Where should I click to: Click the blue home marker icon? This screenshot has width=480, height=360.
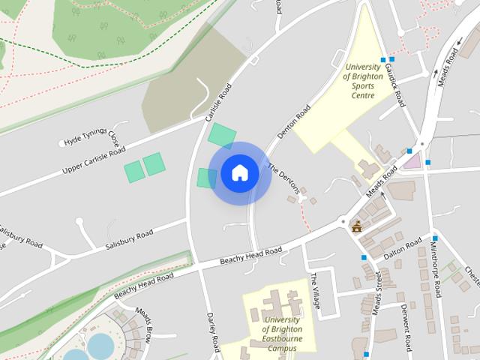239,173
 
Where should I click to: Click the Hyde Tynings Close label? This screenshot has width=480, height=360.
91,139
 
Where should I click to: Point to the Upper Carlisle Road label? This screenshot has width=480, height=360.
93,162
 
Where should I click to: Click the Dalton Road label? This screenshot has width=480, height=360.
400,256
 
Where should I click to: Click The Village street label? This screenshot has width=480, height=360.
316,292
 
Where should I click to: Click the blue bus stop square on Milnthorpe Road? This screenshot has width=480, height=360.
434,239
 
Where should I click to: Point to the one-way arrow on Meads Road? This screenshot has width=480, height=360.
436,75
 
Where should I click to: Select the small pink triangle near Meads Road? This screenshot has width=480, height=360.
412,159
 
